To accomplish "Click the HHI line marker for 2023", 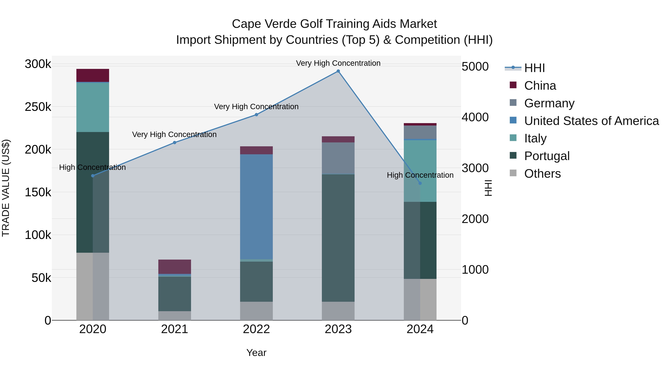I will click(x=338, y=71).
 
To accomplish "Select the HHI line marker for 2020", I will click(x=93, y=176).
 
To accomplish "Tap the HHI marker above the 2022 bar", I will click(x=256, y=115).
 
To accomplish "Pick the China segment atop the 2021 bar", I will click(x=174, y=266).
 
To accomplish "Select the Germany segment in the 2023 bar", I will click(x=338, y=158).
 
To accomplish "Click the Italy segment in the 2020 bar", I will click(x=93, y=107).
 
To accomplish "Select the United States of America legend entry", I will click(x=591, y=121).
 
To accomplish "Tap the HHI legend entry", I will click(x=534, y=68).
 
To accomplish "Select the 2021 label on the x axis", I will click(x=174, y=329).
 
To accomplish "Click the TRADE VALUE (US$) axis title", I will click(x=6, y=188).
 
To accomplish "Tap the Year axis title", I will click(x=256, y=353).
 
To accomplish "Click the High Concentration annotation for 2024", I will click(x=420, y=175).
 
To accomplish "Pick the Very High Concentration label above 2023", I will click(x=338, y=63).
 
